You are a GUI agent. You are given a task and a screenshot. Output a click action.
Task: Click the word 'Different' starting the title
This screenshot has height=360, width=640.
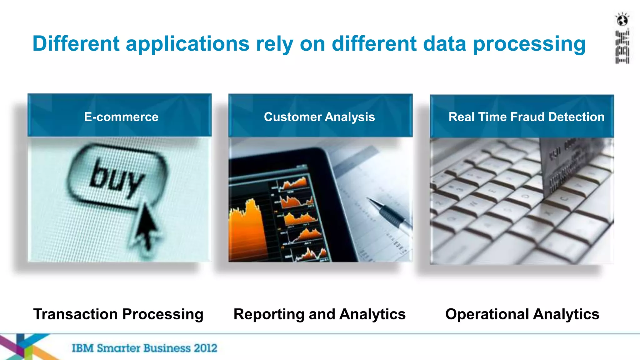[76, 43]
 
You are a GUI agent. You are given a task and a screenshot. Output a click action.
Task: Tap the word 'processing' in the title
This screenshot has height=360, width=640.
[529, 44]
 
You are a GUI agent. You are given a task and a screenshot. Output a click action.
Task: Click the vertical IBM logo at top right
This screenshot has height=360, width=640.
[622, 47]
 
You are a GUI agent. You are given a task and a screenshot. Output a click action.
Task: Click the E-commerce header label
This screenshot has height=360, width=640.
[121, 117]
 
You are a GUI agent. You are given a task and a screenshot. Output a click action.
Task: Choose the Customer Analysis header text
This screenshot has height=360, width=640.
[319, 117]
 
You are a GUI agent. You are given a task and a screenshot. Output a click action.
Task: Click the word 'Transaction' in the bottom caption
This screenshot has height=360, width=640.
[75, 314]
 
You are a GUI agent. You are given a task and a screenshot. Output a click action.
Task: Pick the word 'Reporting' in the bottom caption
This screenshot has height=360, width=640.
[269, 314]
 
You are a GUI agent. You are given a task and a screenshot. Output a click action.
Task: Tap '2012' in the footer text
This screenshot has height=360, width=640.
[205, 348]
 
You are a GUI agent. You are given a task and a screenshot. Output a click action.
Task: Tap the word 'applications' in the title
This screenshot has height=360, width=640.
[187, 44]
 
